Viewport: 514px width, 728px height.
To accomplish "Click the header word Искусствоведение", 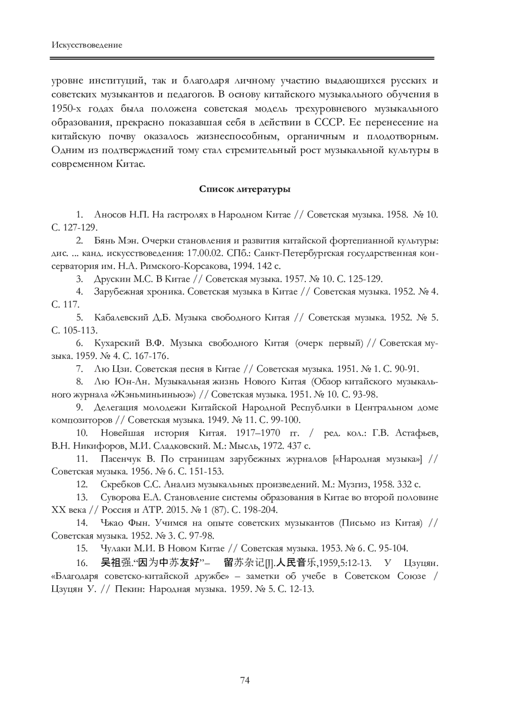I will click(x=87, y=45).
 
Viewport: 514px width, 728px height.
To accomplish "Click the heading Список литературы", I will click(x=245, y=189).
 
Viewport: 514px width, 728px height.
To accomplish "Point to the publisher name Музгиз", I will click(x=353, y=484).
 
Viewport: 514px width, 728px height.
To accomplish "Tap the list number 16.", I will click(x=82, y=563).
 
